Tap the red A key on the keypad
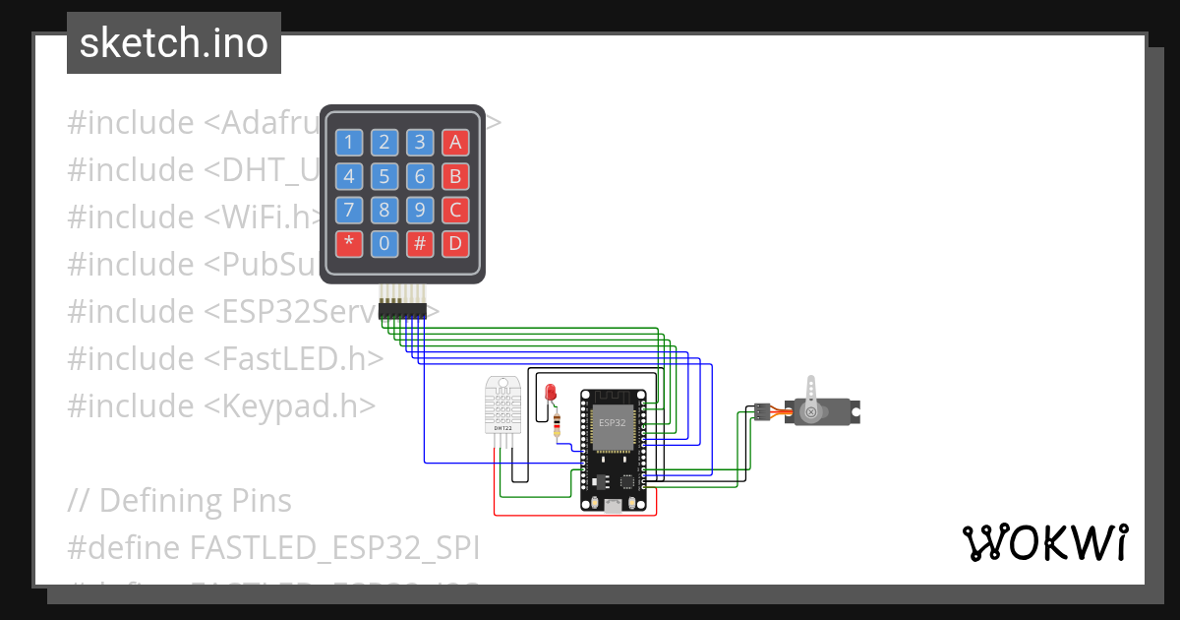pyautogui.click(x=454, y=143)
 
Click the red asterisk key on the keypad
pyautogui.click(x=348, y=243)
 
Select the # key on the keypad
pyautogui.click(x=419, y=243)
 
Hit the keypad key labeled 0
pyautogui.click(x=383, y=243)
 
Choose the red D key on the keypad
pyautogui.click(x=454, y=243)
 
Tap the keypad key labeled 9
pyautogui.click(x=419, y=210)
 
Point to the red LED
pyautogui.click(x=551, y=393)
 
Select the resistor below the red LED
pyautogui.click(x=558, y=425)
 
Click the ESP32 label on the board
pyautogui.click(x=612, y=421)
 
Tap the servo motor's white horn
pyautogui.click(x=810, y=400)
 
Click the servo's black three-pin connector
pyautogui.click(x=760, y=412)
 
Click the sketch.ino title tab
pyautogui.click(x=174, y=43)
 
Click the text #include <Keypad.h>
pyautogui.click(x=221, y=405)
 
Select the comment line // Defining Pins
pyautogui.click(x=180, y=500)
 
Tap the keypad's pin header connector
pyautogui.click(x=402, y=309)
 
